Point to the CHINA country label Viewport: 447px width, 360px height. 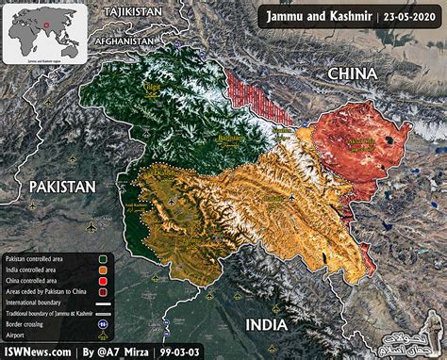pyautogui.click(x=352, y=74)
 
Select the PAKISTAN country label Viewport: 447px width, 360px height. pyautogui.click(x=61, y=187)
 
